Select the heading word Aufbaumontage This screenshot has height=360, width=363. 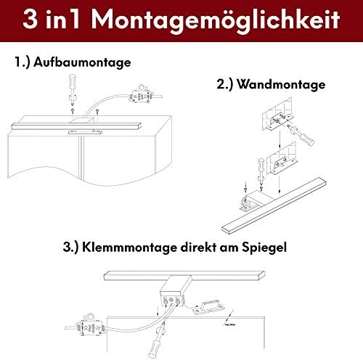pyautogui.click(x=83, y=62)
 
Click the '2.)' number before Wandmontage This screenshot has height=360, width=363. pyautogui.click(x=227, y=85)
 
